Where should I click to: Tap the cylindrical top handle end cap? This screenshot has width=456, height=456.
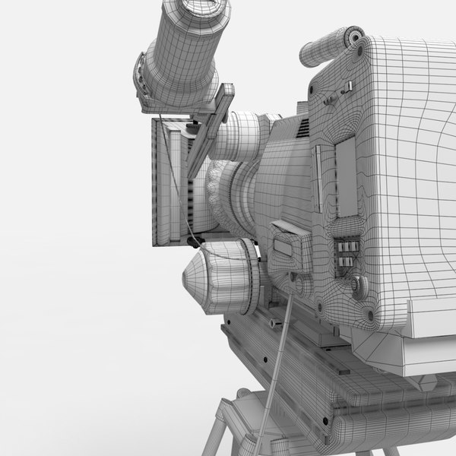click(352, 37)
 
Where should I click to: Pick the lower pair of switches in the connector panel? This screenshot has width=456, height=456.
click(346, 261)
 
